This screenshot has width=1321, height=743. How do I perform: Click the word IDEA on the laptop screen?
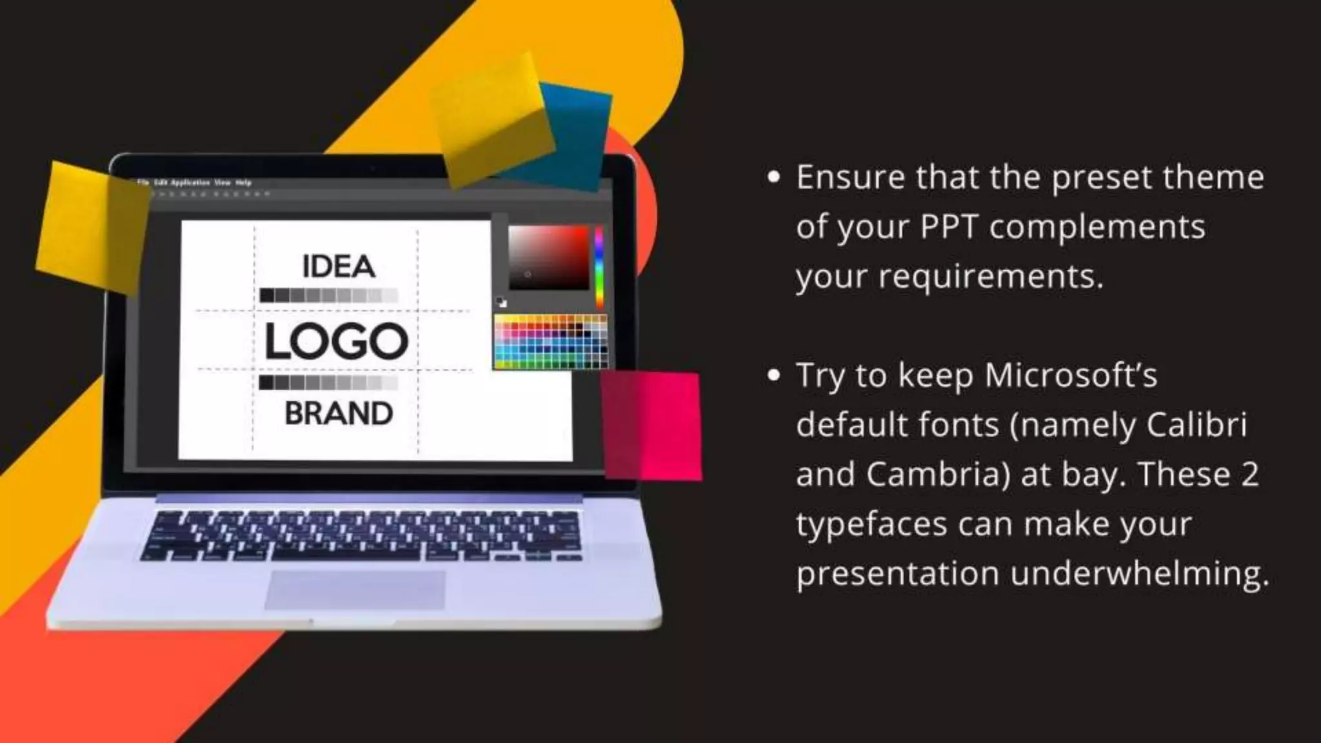pyautogui.click(x=339, y=266)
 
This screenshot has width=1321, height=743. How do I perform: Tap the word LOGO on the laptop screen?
pyautogui.click(x=337, y=341)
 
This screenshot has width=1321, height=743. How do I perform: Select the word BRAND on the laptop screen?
pyautogui.click(x=339, y=414)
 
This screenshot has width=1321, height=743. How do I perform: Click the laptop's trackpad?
pyautogui.click(x=355, y=589)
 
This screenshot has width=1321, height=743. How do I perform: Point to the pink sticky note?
pyautogui.click(x=651, y=426)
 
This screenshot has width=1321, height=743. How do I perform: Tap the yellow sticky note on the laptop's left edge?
pyautogui.click(x=90, y=226)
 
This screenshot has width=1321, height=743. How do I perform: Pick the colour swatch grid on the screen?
pyautogui.click(x=551, y=342)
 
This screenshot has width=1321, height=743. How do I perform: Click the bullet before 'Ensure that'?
pyautogui.click(x=774, y=177)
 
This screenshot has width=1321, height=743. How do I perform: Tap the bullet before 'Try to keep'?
pyautogui.click(x=774, y=375)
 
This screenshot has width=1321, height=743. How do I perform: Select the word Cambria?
pyautogui.click(x=937, y=475)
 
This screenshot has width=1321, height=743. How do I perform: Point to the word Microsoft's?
pyautogui.click(x=1071, y=375)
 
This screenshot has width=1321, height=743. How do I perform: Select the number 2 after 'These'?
pyautogui.click(x=1249, y=475)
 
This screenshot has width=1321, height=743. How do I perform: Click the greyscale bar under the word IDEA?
pyautogui.click(x=329, y=295)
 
